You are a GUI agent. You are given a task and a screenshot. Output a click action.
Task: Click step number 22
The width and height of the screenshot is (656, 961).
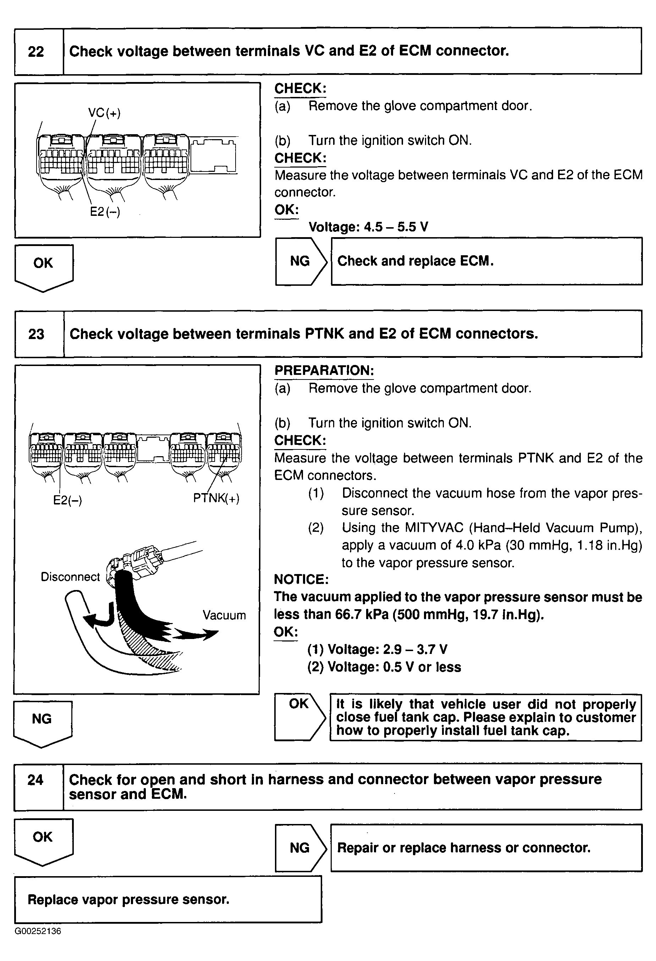36,52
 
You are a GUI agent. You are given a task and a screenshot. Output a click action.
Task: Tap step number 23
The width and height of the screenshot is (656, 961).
37,334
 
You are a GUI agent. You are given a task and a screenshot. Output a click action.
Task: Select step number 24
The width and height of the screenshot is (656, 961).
35,780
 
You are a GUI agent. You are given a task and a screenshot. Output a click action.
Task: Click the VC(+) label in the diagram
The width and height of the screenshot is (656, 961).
104,113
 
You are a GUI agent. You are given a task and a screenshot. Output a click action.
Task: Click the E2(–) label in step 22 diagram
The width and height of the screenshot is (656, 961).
105,212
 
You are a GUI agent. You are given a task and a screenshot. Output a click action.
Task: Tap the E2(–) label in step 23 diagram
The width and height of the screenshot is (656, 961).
67,500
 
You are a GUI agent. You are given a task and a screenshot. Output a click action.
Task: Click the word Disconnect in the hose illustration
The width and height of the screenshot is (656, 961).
70,577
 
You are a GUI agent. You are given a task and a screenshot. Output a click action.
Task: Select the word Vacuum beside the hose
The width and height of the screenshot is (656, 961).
224,615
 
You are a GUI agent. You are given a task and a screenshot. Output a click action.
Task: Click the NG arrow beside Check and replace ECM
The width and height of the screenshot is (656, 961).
300,261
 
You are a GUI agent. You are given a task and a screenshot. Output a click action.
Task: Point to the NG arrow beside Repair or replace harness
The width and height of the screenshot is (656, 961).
300,848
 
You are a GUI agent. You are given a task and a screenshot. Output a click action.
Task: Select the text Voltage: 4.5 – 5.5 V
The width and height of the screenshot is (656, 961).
368,227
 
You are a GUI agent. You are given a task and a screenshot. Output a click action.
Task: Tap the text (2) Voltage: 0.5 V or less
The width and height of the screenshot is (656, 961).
384,667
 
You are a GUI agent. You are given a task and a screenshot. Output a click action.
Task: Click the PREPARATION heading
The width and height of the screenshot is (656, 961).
324,371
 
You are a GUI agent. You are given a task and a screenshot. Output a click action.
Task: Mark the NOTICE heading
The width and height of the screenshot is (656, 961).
301,579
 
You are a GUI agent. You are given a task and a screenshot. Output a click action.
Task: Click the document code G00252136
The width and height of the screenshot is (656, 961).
38,931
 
